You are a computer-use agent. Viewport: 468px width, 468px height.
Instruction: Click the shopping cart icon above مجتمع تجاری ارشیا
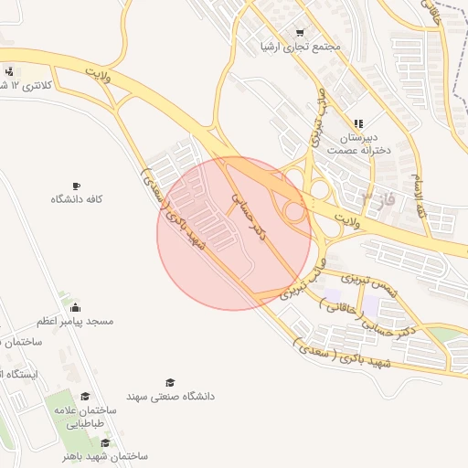[x=298, y=32]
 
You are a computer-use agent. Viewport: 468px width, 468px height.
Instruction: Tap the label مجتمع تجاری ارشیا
[x=300, y=46]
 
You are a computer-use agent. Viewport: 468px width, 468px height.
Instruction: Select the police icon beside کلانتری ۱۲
[x=9, y=71]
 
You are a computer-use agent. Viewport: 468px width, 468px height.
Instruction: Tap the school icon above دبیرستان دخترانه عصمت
[x=358, y=123]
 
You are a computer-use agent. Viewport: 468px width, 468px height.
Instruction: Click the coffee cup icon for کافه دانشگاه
[x=76, y=186]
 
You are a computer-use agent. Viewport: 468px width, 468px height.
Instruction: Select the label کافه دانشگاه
[x=76, y=199]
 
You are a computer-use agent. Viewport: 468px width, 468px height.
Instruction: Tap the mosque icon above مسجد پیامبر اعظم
[x=74, y=307]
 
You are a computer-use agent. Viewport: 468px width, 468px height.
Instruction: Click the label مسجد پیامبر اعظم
[x=75, y=322]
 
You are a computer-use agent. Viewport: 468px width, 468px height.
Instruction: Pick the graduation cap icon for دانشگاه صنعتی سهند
[x=170, y=382]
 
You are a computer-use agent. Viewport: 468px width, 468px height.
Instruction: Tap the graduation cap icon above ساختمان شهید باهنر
[x=106, y=442]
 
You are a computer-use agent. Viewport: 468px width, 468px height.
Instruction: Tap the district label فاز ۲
[x=378, y=197]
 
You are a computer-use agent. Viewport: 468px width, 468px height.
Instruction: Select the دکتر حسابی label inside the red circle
[x=248, y=215]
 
